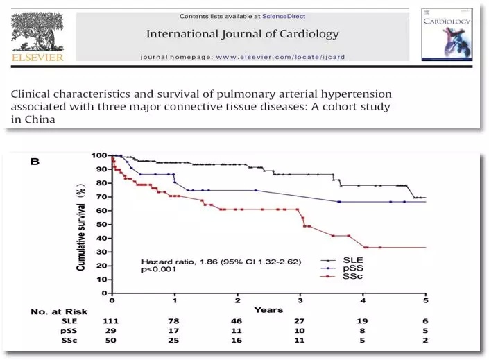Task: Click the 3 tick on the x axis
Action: coord(300,300)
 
